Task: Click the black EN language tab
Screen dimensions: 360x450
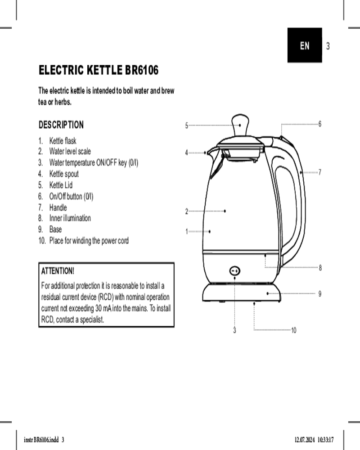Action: [305, 45]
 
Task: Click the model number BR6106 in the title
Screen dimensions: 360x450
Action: [142, 70]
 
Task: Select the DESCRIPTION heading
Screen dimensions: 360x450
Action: [61, 125]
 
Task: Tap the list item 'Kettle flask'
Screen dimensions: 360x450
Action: [63, 141]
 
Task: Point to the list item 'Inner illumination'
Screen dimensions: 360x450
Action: [70, 218]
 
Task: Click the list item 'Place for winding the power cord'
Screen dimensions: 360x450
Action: [89, 240]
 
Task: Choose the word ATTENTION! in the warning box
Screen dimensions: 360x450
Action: [58, 271]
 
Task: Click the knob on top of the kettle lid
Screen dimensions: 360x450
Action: [240, 125]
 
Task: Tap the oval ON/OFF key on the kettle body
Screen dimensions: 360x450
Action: [235, 270]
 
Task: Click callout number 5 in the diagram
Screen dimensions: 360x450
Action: [187, 126]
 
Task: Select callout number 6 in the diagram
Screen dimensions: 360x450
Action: [320, 124]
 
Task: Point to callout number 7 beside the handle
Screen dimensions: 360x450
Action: [320, 172]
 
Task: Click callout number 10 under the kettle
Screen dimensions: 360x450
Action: [294, 330]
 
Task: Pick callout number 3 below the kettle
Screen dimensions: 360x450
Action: [234, 330]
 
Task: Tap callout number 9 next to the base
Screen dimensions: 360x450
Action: [320, 294]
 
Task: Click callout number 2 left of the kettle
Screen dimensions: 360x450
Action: [187, 211]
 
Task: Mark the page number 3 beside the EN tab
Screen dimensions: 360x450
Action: [328, 46]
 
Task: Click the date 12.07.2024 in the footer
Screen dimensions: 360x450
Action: [305, 440]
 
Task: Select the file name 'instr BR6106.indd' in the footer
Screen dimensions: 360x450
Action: [41, 440]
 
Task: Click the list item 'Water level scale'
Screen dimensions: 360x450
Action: [70, 151]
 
